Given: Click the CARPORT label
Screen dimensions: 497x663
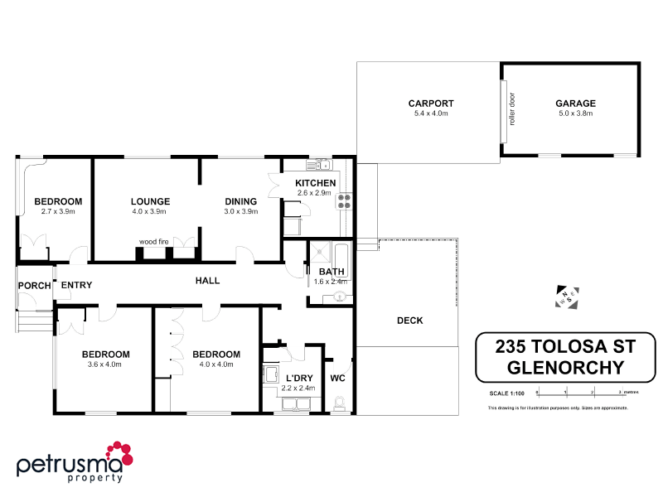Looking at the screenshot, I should [x=430, y=104].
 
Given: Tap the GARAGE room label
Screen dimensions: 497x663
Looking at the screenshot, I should [x=575, y=104].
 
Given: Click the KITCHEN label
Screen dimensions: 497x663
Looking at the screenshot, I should [x=315, y=183].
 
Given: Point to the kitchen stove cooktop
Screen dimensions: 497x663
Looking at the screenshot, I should [x=344, y=199].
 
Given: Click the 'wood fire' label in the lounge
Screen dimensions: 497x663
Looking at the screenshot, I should [x=154, y=241].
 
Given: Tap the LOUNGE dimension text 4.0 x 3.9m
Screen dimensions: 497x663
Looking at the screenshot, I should [x=150, y=211].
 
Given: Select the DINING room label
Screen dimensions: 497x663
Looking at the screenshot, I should [x=241, y=201].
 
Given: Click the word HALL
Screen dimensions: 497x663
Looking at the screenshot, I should [x=207, y=281].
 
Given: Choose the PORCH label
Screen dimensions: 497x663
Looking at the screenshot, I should [x=34, y=286].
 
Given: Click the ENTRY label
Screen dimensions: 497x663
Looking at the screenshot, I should [x=76, y=286].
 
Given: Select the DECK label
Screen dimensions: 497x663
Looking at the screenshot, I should [x=409, y=321].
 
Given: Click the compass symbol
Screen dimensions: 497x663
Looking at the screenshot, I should [x=568, y=298].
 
